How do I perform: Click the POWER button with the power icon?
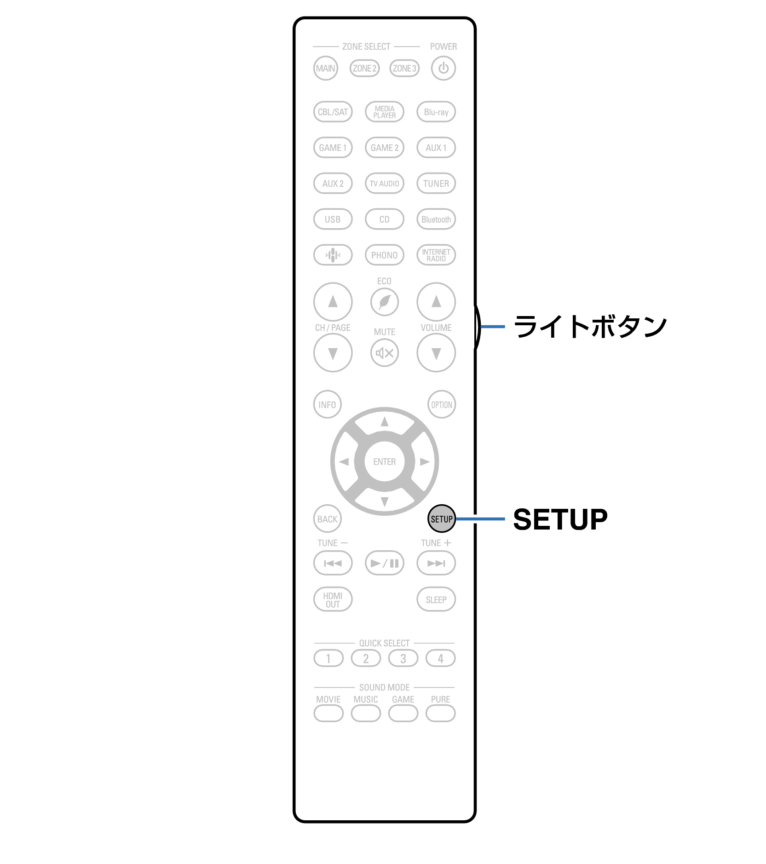[x=443, y=68]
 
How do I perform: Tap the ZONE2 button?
[x=364, y=69]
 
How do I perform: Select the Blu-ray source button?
[x=436, y=112]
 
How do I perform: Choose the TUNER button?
[x=436, y=184]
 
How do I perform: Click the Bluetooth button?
[x=436, y=219]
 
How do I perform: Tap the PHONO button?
[x=384, y=255]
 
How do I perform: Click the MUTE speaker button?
[x=384, y=353]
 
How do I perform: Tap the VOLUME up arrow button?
[x=436, y=302]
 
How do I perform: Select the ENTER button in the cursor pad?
[x=384, y=461]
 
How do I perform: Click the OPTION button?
[x=441, y=404]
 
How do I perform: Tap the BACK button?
[x=327, y=519]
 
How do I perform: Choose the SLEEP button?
[x=436, y=599]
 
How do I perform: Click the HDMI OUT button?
[x=333, y=599]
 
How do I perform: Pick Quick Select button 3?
[x=403, y=658]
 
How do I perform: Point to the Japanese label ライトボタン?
[x=590, y=327]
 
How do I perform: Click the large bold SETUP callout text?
[x=560, y=519]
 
